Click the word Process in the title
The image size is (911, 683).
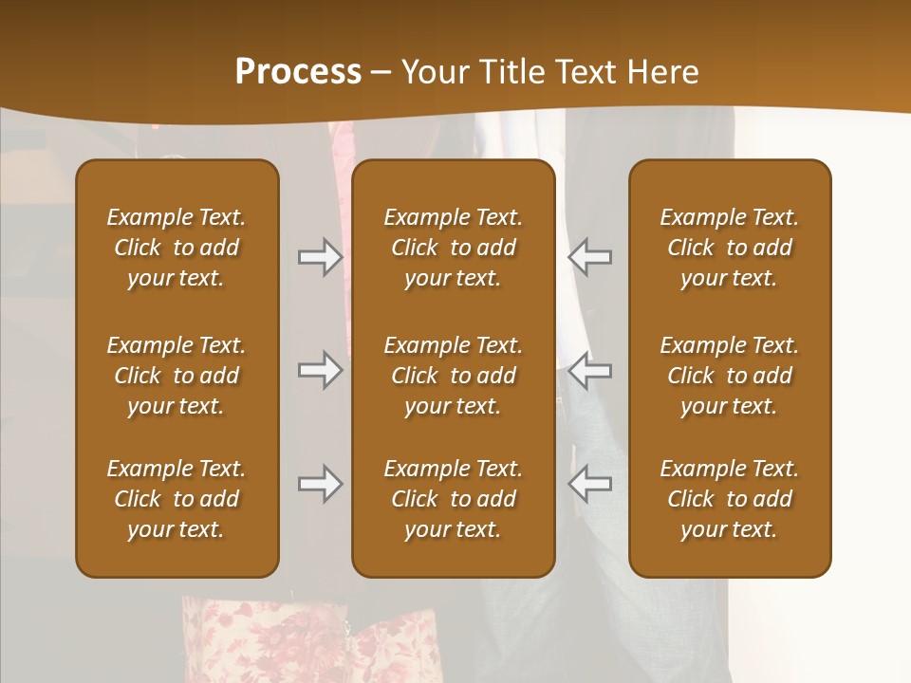[x=298, y=72]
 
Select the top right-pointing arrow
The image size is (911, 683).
[x=320, y=257]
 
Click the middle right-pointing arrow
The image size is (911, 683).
[x=320, y=370]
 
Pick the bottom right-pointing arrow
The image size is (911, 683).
[x=320, y=484]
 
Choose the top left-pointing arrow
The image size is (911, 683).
[x=589, y=257]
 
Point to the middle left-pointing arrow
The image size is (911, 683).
[x=589, y=370]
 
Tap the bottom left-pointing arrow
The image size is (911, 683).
[x=589, y=484]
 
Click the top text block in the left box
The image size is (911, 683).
[x=177, y=248]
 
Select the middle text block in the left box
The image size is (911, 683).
[x=177, y=376]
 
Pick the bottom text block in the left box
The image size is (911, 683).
[x=177, y=499]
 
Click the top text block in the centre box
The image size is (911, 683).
[x=453, y=248]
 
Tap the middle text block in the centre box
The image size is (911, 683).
[x=453, y=376]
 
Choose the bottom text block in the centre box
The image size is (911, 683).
[x=453, y=499]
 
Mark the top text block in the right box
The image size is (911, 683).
[x=729, y=248]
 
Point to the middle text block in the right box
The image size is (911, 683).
[x=729, y=376]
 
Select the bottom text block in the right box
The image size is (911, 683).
[x=729, y=499]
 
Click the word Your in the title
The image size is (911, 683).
[x=432, y=72]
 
